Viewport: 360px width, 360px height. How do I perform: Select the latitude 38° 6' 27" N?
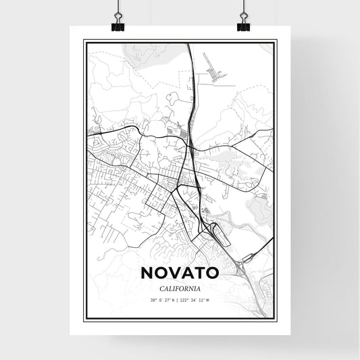click(160, 299)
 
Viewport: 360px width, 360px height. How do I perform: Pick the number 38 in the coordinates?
click(153, 299)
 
